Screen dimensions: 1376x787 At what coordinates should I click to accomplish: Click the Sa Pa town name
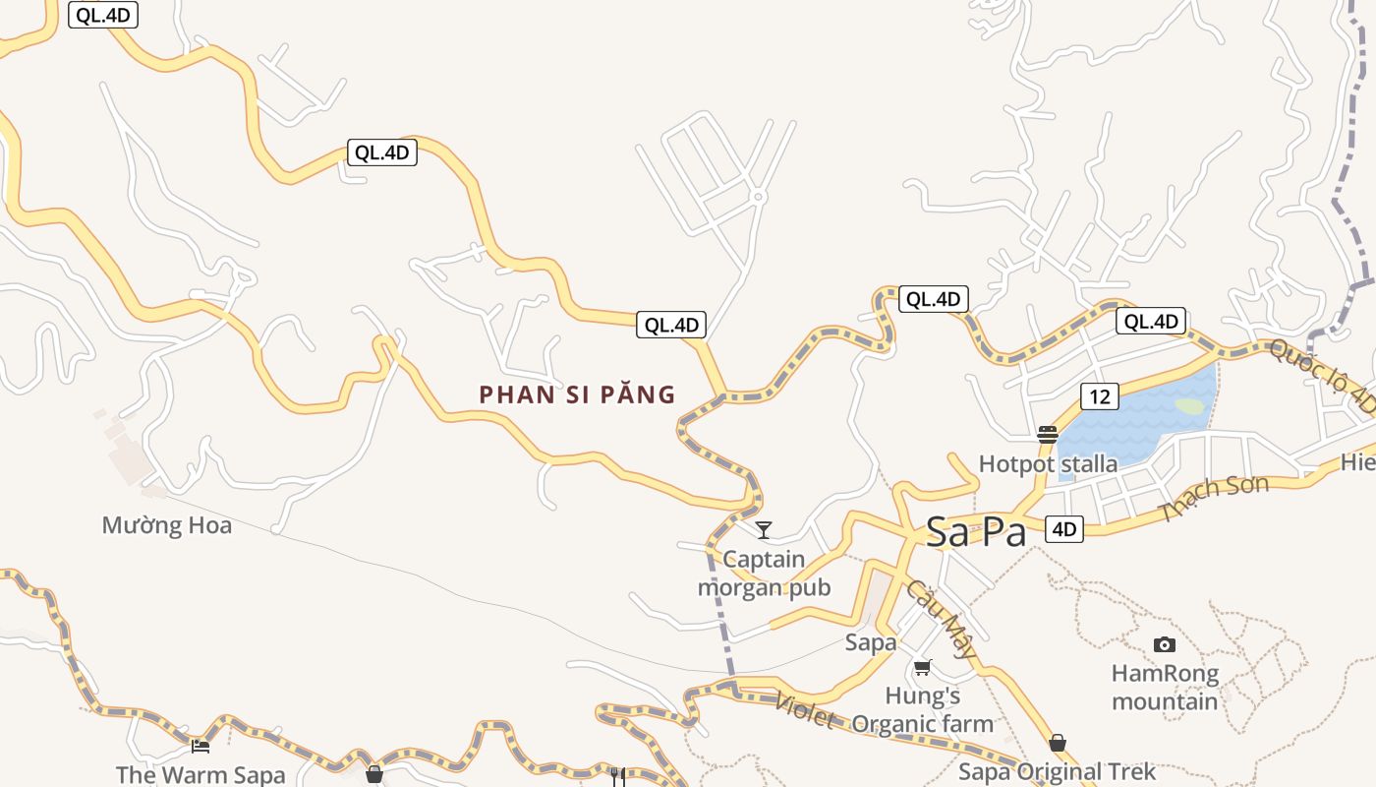tap(976, 532)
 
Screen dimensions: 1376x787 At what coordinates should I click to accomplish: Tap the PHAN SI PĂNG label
tap(577, 394)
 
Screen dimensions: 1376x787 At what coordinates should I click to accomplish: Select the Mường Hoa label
tap(167, 525)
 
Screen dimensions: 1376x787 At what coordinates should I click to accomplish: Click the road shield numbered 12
tap(1100, 396)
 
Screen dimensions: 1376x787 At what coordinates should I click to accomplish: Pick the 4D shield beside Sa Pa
tap(1064, 529)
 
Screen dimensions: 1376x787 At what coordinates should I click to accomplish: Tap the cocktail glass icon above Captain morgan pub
tap(763, 530)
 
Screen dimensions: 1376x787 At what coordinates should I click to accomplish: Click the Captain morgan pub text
tap(764, 574)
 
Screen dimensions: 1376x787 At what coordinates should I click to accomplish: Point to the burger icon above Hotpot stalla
tap(1047, 435)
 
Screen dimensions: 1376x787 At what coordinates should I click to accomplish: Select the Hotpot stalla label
tap(1048, 463)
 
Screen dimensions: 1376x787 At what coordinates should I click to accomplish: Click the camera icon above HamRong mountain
tap(1165, 644)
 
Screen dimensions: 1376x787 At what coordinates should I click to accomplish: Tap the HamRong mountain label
tap(1165, 688)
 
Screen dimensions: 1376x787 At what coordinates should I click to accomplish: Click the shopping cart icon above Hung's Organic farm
tap(922, 668)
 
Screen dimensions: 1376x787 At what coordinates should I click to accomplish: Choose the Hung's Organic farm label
tap(922, 710)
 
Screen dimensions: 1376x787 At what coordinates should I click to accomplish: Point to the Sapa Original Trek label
tap(1057, 771)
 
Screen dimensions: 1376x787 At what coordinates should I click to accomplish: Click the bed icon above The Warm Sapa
tap(201, 746)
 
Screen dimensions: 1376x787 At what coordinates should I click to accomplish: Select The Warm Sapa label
tap(201, 774)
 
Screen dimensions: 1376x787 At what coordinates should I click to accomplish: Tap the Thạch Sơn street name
tap(1213, 499)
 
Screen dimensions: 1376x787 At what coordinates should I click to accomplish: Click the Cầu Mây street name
tap(942, 619)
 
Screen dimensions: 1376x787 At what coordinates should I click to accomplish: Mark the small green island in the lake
tap(1189, 405)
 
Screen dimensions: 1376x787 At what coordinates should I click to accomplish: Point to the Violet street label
tap(804, 711)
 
